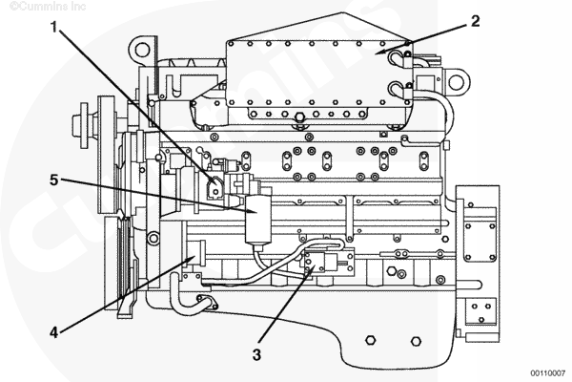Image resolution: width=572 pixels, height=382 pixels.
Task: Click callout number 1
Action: coord(54,27)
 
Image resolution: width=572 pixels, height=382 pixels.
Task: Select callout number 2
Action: coord(475,21)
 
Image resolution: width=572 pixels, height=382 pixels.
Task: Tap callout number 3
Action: coord(256,354)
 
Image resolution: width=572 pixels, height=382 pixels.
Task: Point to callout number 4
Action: coord(53,332)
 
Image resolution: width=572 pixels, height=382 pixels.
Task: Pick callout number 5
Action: coord(54,180)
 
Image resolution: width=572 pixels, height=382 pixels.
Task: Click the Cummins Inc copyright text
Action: coord(48,7)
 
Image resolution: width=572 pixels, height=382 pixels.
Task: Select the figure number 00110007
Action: coord(547,373)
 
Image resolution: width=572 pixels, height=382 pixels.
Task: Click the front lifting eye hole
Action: coord(142,49)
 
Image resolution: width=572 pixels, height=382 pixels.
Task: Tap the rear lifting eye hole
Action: coord(456,82)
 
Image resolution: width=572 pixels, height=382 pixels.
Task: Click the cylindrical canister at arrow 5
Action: coord(258,220)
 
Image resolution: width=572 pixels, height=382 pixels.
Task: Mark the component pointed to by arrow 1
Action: coord(214,188)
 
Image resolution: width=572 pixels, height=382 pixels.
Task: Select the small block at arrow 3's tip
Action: coord(315,263)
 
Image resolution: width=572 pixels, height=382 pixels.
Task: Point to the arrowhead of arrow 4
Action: coord(192,259)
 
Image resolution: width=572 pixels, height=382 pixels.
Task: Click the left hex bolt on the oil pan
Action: coord(371,340)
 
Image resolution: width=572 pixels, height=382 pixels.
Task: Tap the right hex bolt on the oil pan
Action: coord(416,341)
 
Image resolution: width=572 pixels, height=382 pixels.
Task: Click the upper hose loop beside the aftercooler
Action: coord(398,58)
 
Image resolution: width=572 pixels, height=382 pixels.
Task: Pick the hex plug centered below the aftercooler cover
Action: coord(299,117)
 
